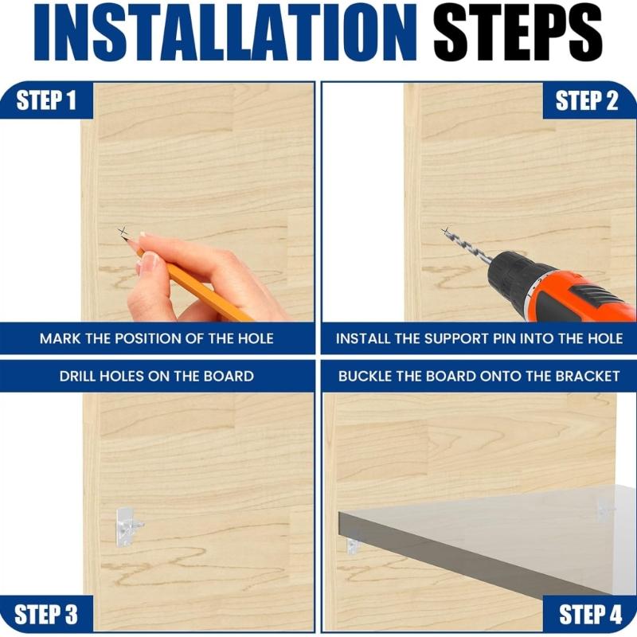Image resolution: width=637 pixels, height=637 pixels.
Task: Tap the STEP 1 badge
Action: [x=46, y=100]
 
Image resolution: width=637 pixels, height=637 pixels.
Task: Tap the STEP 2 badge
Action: [x=587, y=100]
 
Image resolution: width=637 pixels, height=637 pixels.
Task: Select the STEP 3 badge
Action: [x=46, y=615]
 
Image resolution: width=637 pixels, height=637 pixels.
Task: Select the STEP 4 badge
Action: [x=590, y=615]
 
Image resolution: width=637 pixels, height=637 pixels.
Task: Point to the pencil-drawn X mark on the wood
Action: [x=123, y=233]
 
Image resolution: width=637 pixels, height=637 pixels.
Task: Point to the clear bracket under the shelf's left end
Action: [x=353, y=544]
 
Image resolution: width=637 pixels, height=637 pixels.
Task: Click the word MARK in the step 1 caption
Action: [x=61, y=338]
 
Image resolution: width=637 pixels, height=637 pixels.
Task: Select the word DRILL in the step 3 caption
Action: [x=81, y=376]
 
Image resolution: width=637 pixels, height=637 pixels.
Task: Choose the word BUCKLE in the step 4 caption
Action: [x=367, y=376]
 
